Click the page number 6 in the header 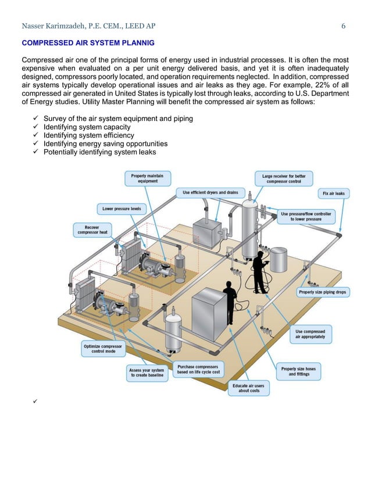[x=344, y=26]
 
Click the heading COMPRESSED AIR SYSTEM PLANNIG [x=88, y=42]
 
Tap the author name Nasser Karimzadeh [x=55, y=26]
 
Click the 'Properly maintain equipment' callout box [x=147, y=178]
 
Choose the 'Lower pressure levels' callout [x=122, y=209]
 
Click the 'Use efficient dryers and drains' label [x=211, y=192]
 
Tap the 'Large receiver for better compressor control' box [x=284, y=178]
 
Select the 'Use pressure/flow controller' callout [x=305, y=217]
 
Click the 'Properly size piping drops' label [x=323, y=292]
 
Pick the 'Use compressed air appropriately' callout [x=314, y=334]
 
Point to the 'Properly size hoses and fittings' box [x=299, y=371]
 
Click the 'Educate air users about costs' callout [x=248, y=388]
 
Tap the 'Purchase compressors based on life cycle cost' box [x=198, y=370]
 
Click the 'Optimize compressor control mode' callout [x=104, y=349]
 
